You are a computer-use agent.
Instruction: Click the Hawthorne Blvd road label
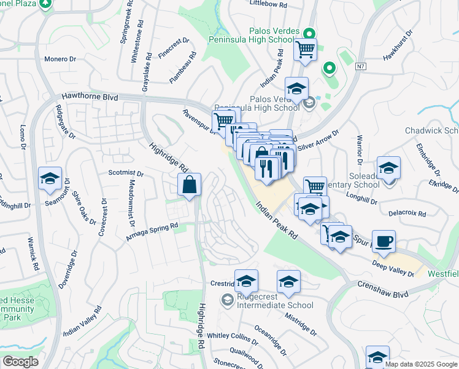(90, 97)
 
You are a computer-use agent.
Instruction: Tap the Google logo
(20, 362)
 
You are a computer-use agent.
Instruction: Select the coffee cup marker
(384, 241)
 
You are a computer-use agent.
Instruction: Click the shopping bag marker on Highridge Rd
(190, 184)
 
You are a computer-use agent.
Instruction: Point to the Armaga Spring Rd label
(152, 232)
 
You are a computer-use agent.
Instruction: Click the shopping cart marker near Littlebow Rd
(305, 49)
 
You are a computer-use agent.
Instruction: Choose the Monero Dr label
(60, 59)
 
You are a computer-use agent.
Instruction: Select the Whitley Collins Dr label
(233, 336)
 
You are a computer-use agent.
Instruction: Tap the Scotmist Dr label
(125, 173)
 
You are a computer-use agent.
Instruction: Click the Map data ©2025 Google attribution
(422, 364)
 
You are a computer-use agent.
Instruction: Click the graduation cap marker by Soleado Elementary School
(388, 167)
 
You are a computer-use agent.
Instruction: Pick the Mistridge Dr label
(301, 324)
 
